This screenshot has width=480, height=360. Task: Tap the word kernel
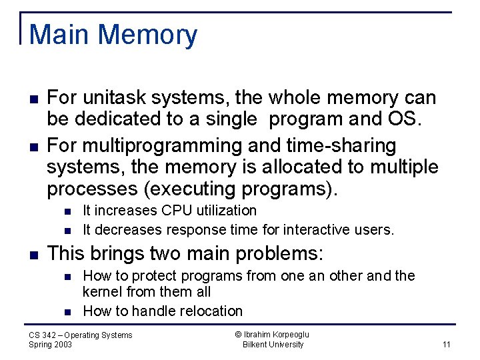point(99,292)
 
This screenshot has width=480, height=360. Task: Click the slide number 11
point(446,345)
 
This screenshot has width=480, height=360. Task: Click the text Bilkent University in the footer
point(273,345)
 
